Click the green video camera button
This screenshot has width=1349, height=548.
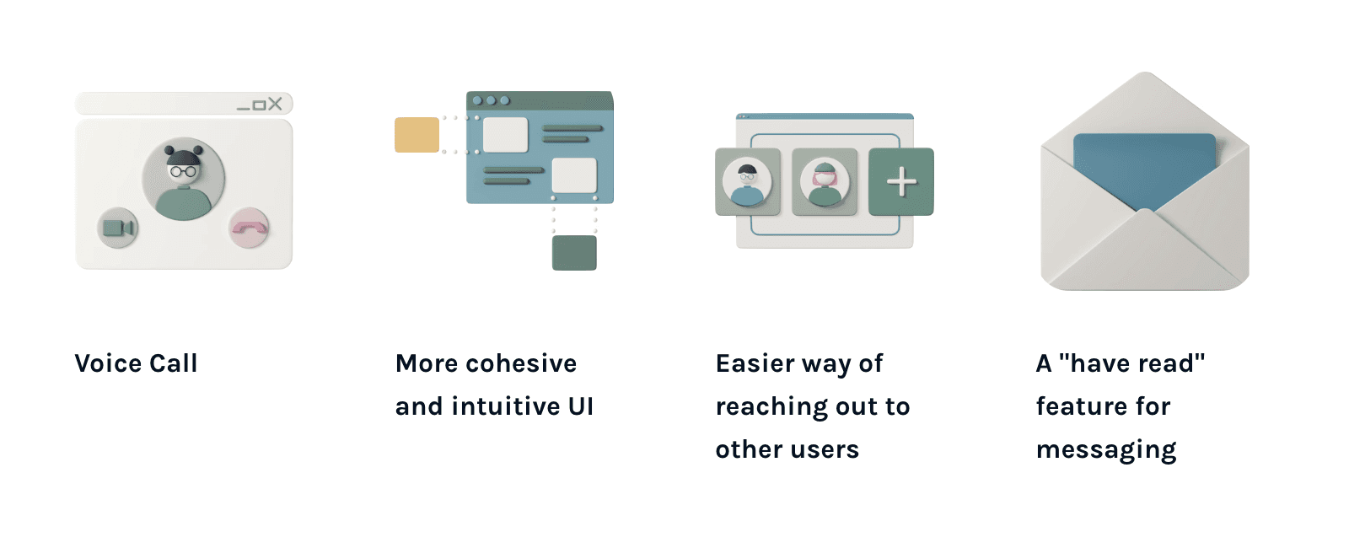(x=118, y=228)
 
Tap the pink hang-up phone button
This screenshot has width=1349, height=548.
(x=249, y=228)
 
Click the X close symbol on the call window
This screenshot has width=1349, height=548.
(x=275, y=104)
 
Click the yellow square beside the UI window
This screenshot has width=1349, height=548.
(x=417, y=135)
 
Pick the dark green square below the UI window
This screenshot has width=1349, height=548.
(x=574, y=253)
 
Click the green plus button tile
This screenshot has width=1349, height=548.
(x=901, y=181)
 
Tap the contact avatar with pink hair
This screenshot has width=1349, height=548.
(x=825, y=182)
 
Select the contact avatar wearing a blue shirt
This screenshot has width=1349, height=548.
(x=747, y=182)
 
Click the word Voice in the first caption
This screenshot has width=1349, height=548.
(x=108, y=363)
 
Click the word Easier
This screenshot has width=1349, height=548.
(x=755, y=363)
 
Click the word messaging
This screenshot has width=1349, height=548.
(x=1106, y=450)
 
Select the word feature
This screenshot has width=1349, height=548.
(x=1082, y=406)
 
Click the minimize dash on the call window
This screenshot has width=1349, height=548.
(x=244, y=107)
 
